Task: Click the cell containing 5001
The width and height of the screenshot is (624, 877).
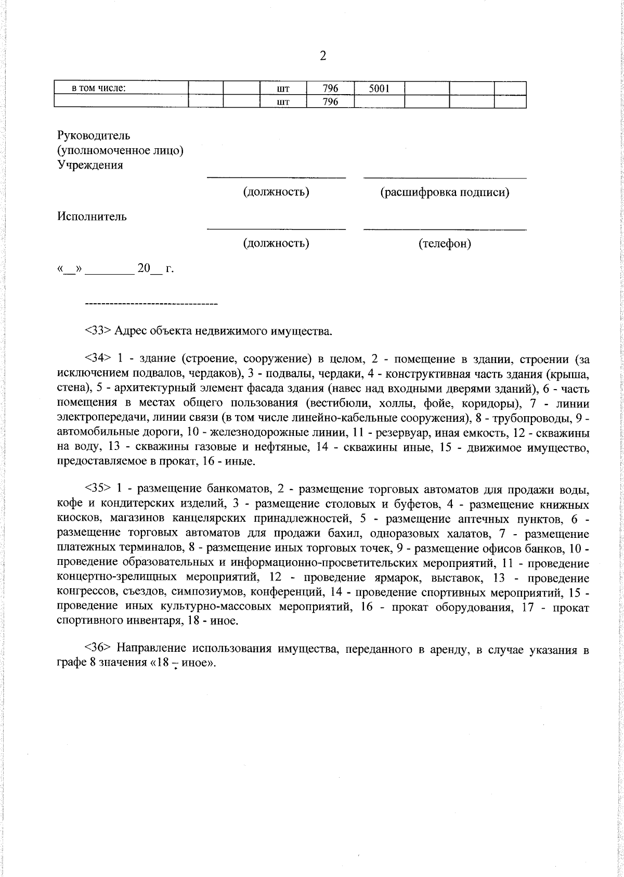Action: (x=379, y=88)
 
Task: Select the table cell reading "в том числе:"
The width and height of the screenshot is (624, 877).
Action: (x=99, y=88)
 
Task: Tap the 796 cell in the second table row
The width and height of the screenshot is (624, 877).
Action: (x=330, y=102)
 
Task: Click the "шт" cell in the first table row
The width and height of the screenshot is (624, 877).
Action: (x=283, y=88)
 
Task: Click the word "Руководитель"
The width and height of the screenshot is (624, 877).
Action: (x=94, y=136)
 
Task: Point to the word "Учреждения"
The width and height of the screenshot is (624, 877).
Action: (x=90, y=165)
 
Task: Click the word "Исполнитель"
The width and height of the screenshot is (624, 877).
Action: (x=92, y=217)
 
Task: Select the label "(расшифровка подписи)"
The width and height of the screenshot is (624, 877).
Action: (x=445, y=192)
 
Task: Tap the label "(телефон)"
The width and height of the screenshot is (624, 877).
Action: (x=445, y=243)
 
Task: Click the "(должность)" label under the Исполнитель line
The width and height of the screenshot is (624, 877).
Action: (x=276, y=243)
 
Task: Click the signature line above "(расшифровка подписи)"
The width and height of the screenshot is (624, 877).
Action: (x=445, y=178)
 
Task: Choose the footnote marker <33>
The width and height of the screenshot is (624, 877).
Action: (x=98, y=331)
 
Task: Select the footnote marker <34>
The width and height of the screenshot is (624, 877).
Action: (x=98, y=359)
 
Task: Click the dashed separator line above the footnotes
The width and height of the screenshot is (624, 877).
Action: (x=151, y=303)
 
